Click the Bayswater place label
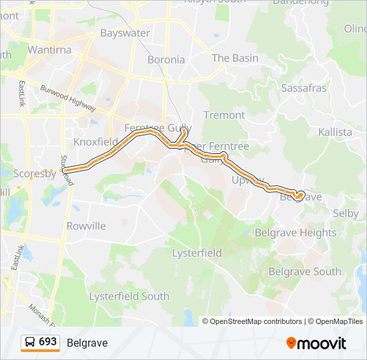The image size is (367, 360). [x=125, y=33]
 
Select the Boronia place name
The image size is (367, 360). [x=166, y=59]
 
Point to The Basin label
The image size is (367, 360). [x=235, y=58]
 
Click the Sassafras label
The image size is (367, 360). [x=304, y=88]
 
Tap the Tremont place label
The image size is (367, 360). [x=224, y=115]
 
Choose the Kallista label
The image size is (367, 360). [x=335, y=132]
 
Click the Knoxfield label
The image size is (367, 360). [x=95, y=142]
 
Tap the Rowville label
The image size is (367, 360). [x=86, y=226]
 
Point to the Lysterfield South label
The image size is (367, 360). [x=129, y=296]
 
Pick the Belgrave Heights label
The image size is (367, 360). [x=296, y=233]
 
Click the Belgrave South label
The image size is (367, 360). [x=304, y=271]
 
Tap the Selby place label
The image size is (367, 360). [x=345, y=214]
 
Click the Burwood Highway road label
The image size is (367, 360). [x=68, y=98]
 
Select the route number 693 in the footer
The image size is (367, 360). [x=47, y=342]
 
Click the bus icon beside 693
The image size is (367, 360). [x=30, y=342]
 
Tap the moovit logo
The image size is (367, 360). [x=316, y=343]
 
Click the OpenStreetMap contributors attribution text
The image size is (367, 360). [x=256, y=321]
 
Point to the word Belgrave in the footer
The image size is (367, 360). [x=87, y=343]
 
